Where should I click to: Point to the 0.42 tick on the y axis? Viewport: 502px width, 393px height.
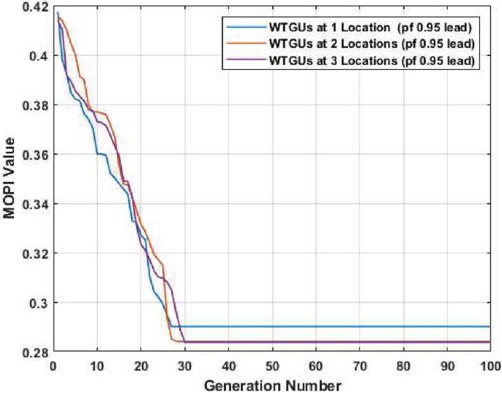click(x=35, y=7)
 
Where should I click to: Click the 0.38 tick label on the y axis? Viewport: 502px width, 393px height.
click(x=35, y=106)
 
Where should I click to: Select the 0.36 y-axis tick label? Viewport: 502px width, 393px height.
click(x=35, y=155)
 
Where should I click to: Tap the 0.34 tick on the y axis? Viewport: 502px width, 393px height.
click(x=35, y=204)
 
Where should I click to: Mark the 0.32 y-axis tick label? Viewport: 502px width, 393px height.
click(x=35, y=253)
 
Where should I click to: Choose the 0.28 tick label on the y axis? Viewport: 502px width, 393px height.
click(x=35, y=352)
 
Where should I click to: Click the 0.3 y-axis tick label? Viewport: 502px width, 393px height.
click(x=39, y=303)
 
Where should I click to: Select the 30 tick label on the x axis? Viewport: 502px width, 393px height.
click(x=184, y=367)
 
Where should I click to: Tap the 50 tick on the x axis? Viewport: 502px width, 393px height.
click(x=271, y=367)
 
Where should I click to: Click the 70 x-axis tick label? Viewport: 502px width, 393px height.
click(x=358, y=367)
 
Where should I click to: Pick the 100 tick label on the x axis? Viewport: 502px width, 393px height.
click(x=488, y=367)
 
